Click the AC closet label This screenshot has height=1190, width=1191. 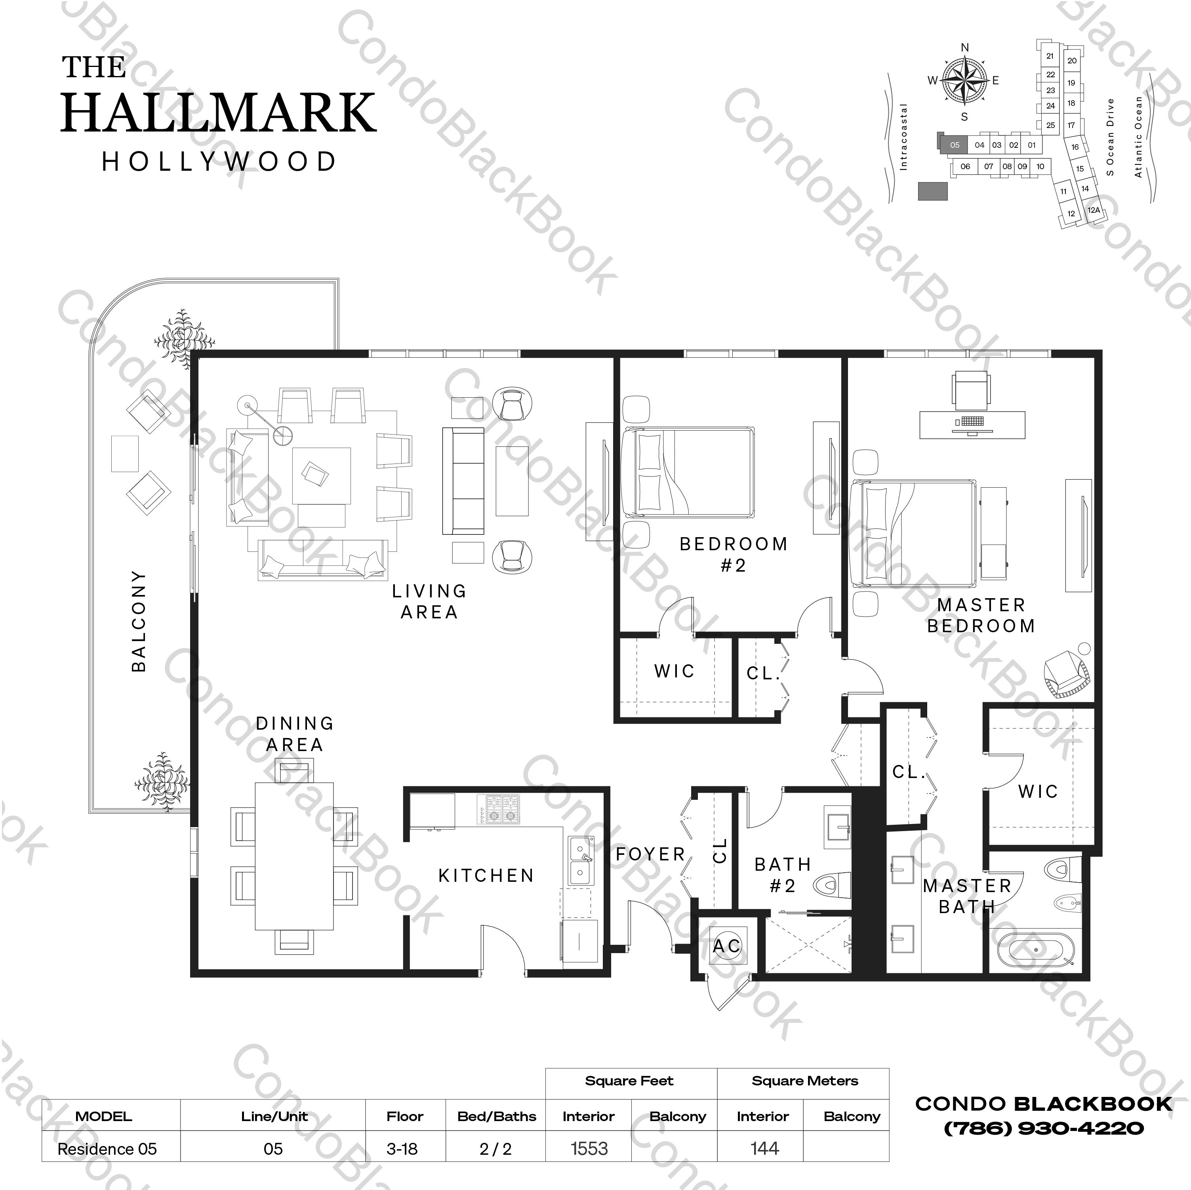(x=727, y=946)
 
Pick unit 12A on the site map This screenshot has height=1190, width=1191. (x=1094, y=210)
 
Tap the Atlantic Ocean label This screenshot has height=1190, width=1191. (x=1138, y=137)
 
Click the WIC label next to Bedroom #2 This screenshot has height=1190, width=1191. (x=675, y=671)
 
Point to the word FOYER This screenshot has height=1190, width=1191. (x=650, y=854)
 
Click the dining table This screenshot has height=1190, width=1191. (x=295, y=856)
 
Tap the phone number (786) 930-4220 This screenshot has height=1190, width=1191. (x=1044, y=1128)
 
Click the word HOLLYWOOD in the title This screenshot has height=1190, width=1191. (x=219, y=162)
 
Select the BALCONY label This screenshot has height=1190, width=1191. (x=139, y=620)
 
